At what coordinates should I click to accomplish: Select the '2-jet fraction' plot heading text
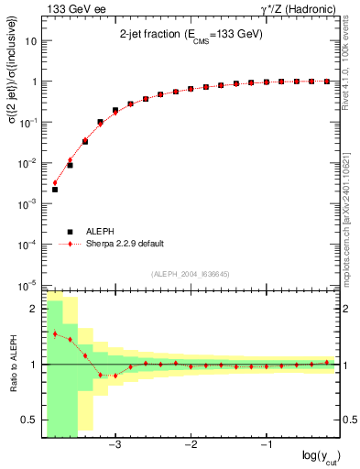191,34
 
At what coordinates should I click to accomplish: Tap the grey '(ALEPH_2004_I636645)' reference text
191,273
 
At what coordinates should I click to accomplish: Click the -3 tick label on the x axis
114,445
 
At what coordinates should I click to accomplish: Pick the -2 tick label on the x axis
190,445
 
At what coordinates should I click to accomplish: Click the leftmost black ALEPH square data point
55,190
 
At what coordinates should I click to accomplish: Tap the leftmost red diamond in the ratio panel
55,333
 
